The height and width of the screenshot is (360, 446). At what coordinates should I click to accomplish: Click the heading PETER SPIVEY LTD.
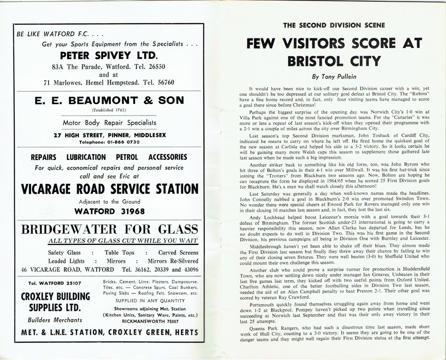pyautogui.click(x=108, y=55)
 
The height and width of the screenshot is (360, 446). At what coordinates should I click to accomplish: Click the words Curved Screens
pyautogui.click(x=178, y=252)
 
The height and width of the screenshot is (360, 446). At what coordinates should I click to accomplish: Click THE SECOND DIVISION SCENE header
pyautogui.click(x=334, y=25)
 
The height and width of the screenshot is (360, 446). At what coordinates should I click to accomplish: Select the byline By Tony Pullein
pyautogui.click(x=334, y=77)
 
